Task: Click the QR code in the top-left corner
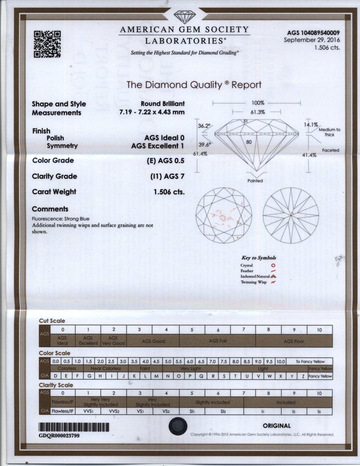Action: (47, 44)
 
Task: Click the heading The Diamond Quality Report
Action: (194, 85)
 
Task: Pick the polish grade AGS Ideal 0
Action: (165, 138)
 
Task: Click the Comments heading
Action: (50, 209)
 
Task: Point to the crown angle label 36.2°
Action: (204, 125)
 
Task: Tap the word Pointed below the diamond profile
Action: (255, 181)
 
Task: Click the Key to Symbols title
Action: (259, 258)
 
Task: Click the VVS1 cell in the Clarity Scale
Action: (88, 410)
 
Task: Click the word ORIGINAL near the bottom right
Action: (277, 426)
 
